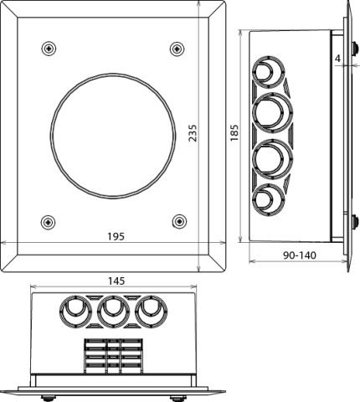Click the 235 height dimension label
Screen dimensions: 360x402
(193, 133)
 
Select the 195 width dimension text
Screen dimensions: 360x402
(116, 237)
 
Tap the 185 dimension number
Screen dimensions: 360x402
(234, 133)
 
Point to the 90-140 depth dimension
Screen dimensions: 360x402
(300, 255)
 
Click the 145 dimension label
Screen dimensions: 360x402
(116, 281)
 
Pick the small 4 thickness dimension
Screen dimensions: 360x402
(337, 59)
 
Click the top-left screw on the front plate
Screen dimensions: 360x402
(49, 49)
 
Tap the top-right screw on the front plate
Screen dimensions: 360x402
(177, 49)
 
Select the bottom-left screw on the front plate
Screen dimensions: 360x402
(48, 222)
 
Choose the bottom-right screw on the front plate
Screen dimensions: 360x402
(179, 222)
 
